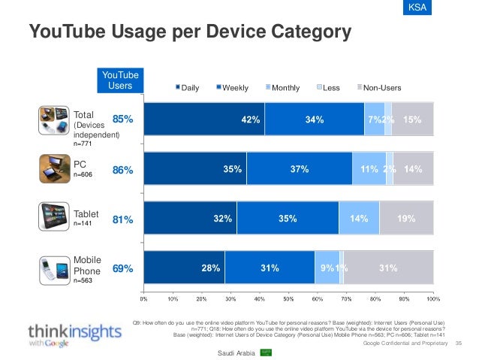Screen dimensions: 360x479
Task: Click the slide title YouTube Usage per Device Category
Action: [x=189, y=32]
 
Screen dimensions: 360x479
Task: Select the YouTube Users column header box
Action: [x=120, y=81]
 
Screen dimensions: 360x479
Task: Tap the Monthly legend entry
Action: [x=282, y=88]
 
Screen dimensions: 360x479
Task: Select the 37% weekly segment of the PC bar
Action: [x=300, y=170]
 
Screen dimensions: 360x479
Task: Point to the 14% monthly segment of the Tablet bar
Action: [x=359, y=220]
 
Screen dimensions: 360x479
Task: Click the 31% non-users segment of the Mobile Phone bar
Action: [x=388, y=268]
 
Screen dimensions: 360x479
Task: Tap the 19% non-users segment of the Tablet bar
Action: [x=406, y=220]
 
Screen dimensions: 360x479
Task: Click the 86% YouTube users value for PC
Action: [x=123, y=171]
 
